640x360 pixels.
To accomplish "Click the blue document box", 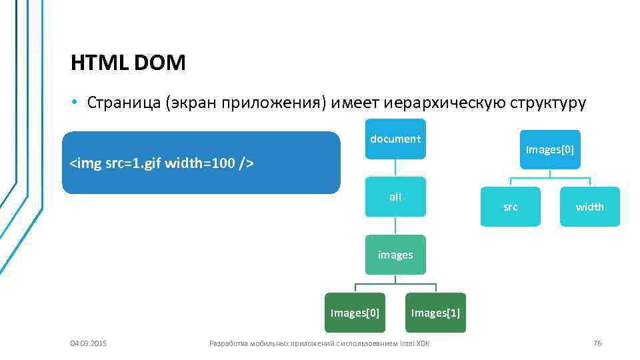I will pos(395,139).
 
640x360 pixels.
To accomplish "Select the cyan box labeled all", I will pos(395,197).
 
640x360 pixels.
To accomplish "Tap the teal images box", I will pos(395,255).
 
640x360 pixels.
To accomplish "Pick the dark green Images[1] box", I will pos(435,313).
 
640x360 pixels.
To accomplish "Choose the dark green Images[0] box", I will pos(355,313).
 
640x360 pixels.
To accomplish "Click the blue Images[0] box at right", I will pos(550,149).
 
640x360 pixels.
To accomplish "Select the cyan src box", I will pos(510,207).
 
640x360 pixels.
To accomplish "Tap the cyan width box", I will pos(590,207).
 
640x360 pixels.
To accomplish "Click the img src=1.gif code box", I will pos(201,163).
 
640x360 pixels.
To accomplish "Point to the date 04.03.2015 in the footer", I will pos(88,343).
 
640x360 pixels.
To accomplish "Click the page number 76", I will pos(597,343).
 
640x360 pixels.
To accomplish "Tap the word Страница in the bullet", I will pos(124,103).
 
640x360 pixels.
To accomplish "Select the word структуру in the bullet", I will pos(548,103).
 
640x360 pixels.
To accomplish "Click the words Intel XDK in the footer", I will pos(414,343).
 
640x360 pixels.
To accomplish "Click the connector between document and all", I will pos(395,168).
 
